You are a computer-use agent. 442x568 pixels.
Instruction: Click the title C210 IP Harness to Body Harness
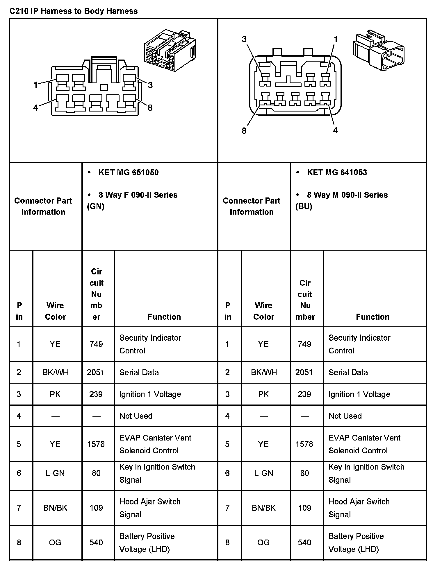coord(74,11)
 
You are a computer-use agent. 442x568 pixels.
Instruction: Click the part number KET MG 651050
coord(129,172)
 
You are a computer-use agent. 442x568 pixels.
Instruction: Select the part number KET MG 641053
coord(337,172)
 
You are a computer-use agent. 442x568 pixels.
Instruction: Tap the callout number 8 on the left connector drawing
coord(150,108)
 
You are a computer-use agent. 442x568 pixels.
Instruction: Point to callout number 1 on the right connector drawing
coord(336,39)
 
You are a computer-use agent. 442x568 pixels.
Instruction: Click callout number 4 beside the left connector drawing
coord(35,108)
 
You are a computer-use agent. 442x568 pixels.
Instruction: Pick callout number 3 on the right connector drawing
coord(244,39)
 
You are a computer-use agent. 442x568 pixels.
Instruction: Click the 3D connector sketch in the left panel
coord(170,50)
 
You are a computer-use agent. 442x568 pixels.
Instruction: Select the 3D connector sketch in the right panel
coord(378,50)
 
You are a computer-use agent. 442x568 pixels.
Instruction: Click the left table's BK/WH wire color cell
coord(56,372)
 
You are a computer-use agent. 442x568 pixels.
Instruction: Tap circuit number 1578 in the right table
coord(304,444)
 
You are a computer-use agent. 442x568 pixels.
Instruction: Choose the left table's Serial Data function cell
coord(139,372)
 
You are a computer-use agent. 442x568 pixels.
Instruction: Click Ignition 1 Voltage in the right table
coord(359,394)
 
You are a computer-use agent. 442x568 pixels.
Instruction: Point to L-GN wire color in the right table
coord(263,473)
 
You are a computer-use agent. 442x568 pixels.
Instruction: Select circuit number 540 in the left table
coord(96,542)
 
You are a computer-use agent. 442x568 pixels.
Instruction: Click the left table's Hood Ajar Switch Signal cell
coord(150,508)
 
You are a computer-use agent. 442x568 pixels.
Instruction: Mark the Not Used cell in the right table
coord(345,416)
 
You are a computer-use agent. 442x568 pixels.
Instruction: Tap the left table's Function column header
coord(164,317)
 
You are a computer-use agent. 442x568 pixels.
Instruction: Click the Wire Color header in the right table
coord(263,311)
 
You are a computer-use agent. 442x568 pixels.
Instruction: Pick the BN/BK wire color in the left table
coord(55,508)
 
